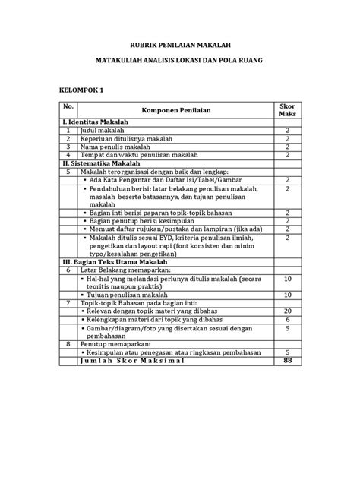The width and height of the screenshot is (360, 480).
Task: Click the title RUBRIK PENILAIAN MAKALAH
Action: [x=179, y=46]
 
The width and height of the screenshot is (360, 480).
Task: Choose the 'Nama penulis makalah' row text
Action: [x=112, y=147]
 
